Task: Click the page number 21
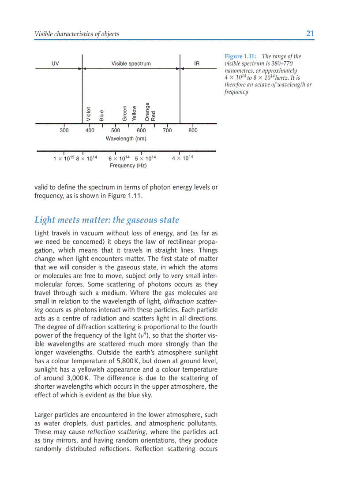(310, 34)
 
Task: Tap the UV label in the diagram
(55, 63)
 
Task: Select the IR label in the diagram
(197, 63)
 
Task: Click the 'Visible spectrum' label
(131, 63)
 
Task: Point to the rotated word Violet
(89, 114)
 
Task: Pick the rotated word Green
(125, 113)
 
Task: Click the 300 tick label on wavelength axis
(64, 130)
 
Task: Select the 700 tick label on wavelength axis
(167, 130)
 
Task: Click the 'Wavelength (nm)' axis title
(126, 138)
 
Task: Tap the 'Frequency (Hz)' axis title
(128, 166)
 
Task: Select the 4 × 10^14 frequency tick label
(182, 158)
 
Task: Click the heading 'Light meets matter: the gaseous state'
(107, 220)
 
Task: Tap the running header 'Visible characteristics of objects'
(77, 34)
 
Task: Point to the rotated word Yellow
(134, 113)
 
